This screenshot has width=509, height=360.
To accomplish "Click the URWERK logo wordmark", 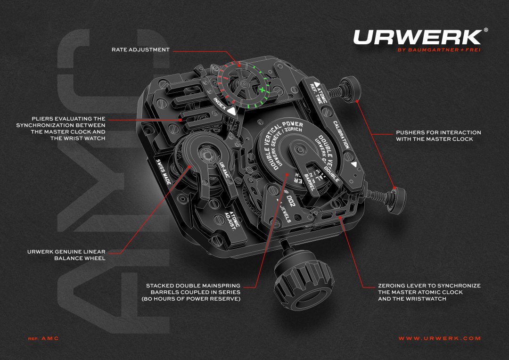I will pos(417,37).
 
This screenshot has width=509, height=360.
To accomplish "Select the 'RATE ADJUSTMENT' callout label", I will pos(140,49).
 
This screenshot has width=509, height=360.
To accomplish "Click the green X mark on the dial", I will pos(263,89).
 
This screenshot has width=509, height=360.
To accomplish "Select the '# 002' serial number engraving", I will pos(288,197).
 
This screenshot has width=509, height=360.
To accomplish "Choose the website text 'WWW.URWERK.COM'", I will pos(439,338).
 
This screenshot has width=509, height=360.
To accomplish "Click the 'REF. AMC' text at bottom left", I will pos(43,338).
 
